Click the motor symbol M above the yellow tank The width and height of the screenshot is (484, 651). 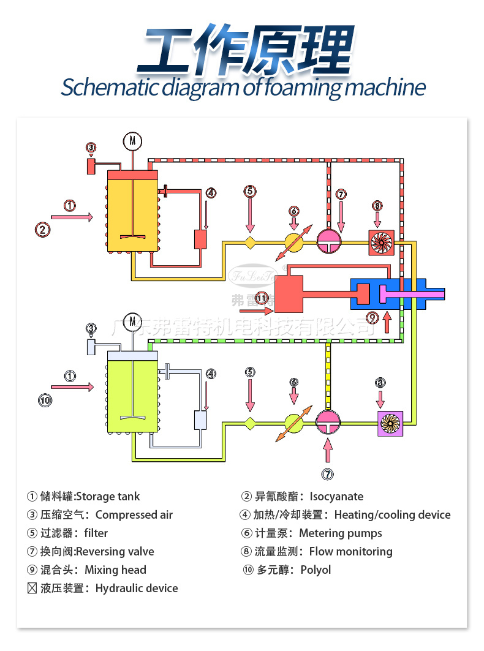[132, 141]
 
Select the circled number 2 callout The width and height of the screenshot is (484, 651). [42, 230]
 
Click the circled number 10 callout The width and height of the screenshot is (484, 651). [44, 400]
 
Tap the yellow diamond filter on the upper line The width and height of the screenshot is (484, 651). [250, 243]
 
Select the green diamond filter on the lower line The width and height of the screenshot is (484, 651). [250, 422]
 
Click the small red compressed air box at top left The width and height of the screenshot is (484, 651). [91, 165]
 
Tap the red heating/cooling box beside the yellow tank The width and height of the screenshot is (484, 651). [200, 239]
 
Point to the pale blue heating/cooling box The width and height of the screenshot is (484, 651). [200, 420]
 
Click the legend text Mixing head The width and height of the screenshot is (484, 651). [115, 570]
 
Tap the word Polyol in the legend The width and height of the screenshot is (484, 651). [316, 570]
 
